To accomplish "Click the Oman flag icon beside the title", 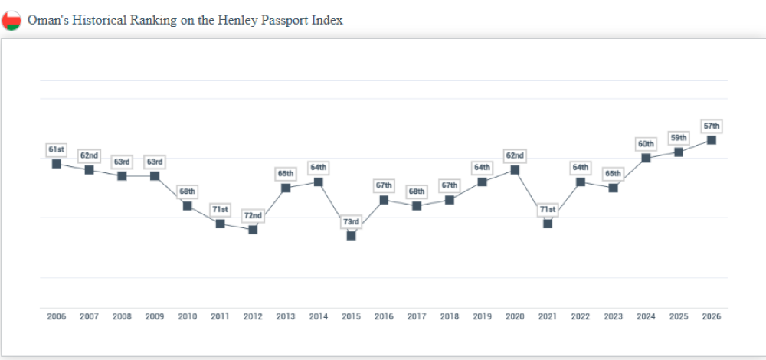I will [11, 21].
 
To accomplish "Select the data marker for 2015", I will [351, 235].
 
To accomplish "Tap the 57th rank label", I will [712, 126].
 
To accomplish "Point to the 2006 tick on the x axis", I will [57, 316].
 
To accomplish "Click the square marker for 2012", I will [253, 230].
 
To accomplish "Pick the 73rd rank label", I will [351, 222].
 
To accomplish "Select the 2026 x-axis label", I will [712, 316].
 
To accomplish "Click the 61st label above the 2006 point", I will [57, 149].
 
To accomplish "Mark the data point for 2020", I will [515, 169].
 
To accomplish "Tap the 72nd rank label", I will [253, 216].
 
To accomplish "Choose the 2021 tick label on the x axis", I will [548, 316].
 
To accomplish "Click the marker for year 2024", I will [646, 158].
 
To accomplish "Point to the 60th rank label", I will [646, 144].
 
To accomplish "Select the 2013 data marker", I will [286, 188].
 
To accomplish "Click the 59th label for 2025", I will [679, 138].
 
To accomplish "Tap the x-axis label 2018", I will [450, 316].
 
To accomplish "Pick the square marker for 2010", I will [188, 205].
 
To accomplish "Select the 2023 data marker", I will [613, 188].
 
